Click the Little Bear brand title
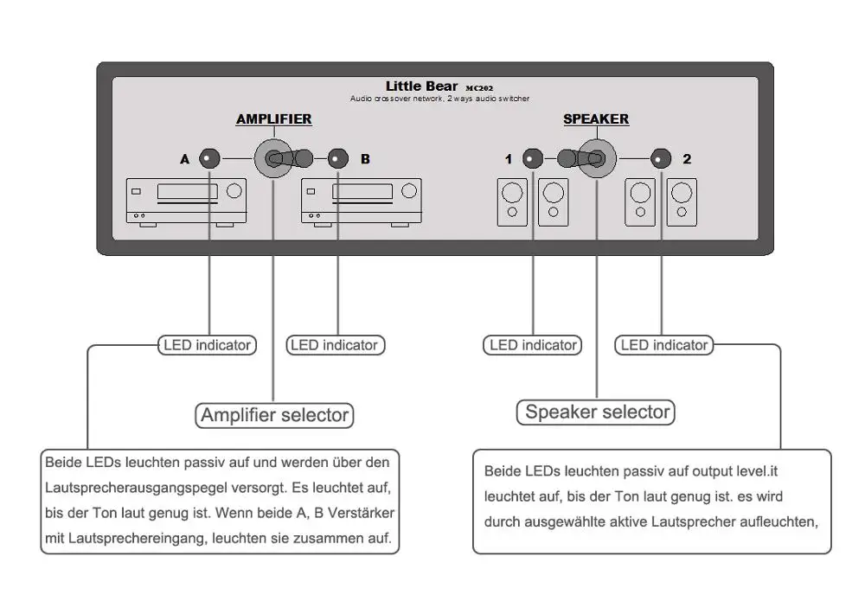(421, 86)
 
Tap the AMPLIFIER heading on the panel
(274, 119)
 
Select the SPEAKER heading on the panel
(596, 119)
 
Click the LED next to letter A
(209, 159)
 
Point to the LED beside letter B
(338, 159)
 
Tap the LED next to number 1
(532, 159)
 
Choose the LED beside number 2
(661, 159)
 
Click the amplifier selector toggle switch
(284, 159)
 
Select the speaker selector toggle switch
(587, 159)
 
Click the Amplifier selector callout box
(274, 415)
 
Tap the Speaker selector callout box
(596, 413)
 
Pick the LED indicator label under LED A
(208, 345)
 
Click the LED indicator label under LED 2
(664, 345)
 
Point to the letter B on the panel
(365, 159)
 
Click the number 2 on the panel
(687, 159)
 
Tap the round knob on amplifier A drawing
(234, 191)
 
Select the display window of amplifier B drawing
(362, 191)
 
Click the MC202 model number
(479, 87)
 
